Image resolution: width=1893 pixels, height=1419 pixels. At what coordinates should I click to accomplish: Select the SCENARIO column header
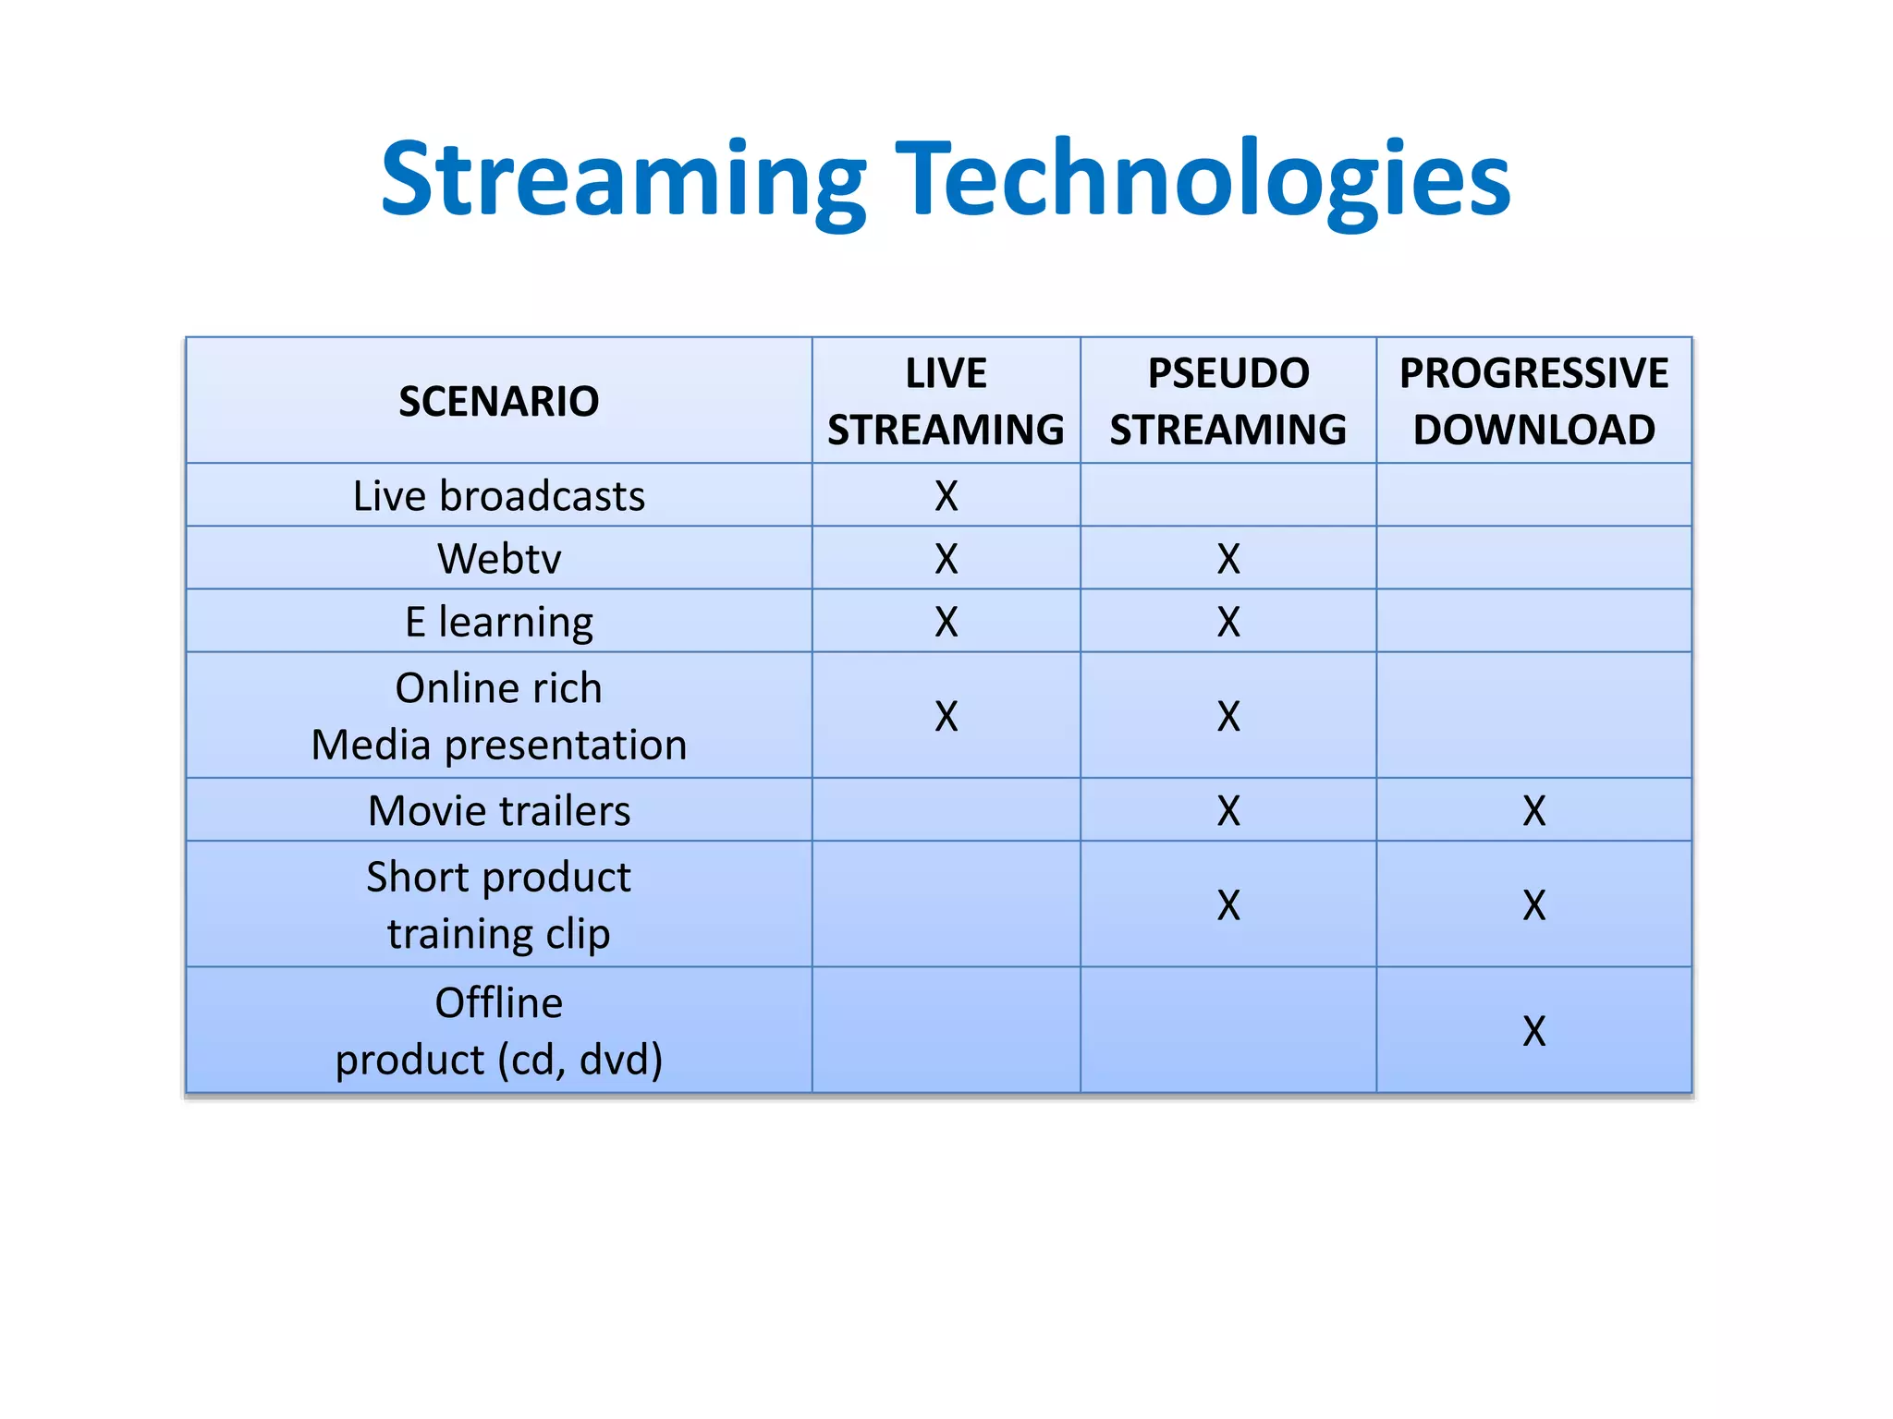click(498, 401)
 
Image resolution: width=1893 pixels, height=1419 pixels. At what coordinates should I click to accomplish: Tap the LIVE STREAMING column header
click(946, 401)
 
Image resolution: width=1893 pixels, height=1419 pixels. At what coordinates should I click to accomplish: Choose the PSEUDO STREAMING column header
click(1227, 401)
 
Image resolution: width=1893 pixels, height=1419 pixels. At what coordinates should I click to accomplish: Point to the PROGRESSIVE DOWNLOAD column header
click(1533, 401)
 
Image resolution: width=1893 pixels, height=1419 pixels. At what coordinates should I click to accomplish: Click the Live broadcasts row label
click(498, 496)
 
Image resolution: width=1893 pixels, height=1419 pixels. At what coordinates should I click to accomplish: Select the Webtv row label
click(498, 559)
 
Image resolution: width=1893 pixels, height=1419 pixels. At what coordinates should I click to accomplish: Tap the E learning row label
click(498, 622)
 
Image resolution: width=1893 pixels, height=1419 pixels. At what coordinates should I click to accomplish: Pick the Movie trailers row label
click(498, 811)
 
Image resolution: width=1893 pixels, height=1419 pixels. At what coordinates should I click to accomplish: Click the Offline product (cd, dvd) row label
click(498, 1031)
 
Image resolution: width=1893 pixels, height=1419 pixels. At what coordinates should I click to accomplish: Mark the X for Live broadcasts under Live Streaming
click(946, 496)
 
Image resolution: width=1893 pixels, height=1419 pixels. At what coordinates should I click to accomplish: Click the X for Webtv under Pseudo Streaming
click(1227, 559)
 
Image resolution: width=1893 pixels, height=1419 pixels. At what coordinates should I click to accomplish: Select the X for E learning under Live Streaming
click(946, 622)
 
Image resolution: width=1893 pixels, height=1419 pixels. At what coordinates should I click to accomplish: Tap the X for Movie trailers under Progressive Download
click(1533, 811)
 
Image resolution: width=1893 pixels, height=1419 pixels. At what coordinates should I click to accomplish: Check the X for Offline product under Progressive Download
click(1533, 1031)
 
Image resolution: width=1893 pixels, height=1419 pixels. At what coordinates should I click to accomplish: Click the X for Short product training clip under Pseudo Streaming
click(1227, 905)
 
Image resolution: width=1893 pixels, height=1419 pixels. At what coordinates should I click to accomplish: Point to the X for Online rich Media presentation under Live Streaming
click(946, 716)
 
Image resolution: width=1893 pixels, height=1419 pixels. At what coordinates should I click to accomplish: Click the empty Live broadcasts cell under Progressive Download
click(1533, 496)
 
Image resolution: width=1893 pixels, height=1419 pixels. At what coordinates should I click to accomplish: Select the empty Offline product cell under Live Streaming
click(946, 1031)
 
